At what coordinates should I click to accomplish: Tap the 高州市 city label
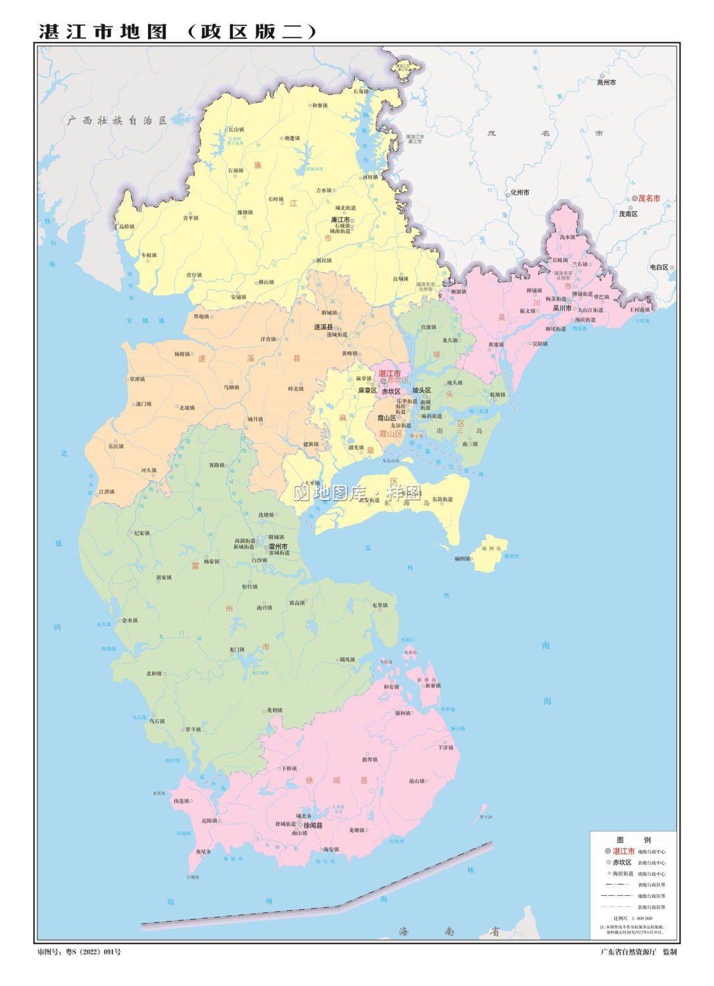click(x=606, y=83)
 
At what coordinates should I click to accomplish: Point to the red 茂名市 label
click(x=648, y=198)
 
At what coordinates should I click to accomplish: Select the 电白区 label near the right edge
click(x=659, y=268)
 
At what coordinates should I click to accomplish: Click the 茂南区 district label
click(x=628, y=214)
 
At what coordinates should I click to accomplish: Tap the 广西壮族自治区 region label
click(x=117, y=120)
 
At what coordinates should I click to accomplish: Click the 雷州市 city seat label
click(x=277, y=546)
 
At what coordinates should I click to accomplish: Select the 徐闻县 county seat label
click(x=313, y=826)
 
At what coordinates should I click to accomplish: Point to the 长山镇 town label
click(x=236, y=129)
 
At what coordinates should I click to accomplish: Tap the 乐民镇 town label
click(x=116, y=446)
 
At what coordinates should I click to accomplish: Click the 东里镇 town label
click(x=380, y=605)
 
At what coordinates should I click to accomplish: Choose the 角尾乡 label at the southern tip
click(x=203, y=851)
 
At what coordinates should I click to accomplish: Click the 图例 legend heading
click(x=633, y=839)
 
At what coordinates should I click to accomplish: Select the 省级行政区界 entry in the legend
click(x=651, y=885)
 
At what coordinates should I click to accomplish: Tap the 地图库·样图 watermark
click(x=357, y=492)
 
